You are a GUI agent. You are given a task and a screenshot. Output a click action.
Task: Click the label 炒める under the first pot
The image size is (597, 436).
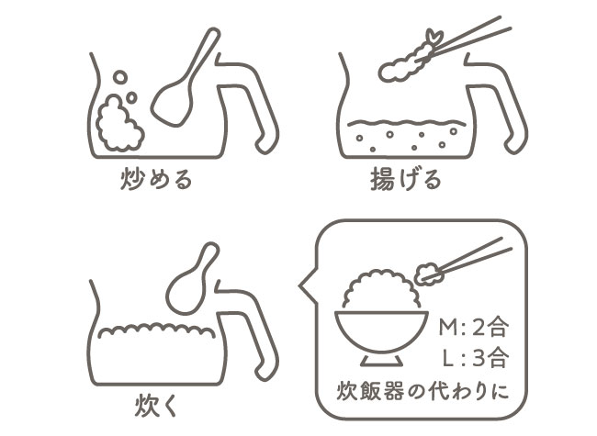[x=156, y=179]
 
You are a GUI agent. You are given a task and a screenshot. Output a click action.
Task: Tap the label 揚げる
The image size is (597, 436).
[x=406, y=179]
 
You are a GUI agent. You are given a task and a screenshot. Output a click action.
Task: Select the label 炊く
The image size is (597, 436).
[x=156, y=407]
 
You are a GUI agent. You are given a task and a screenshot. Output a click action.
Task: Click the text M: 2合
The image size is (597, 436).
[x=473, y=327]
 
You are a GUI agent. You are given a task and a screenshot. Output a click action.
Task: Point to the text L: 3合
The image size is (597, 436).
[x=476, y=357]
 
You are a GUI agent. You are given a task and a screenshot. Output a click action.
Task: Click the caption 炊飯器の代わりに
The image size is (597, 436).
[x=422, y=392]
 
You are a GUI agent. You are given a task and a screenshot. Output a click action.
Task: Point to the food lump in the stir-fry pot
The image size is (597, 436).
[x=118, y=124]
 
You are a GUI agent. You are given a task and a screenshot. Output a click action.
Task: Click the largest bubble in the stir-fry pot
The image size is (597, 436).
[x=120, y=77]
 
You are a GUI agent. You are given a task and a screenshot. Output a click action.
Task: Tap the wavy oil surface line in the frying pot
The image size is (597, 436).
[x=406, y=123]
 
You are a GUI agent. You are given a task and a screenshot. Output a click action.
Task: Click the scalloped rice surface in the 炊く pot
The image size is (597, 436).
[x=156, y=330]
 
